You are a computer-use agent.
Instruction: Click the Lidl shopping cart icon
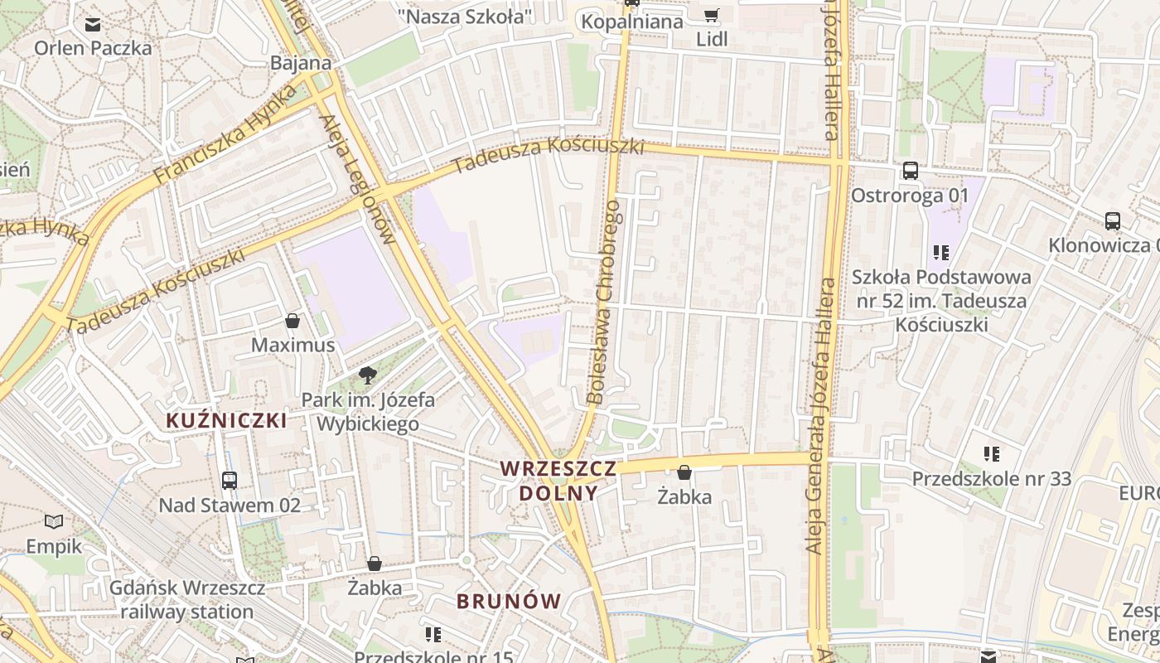pyautogui.click(x=711, y=16)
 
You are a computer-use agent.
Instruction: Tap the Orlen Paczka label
pyautogui.click(x=93, y=48)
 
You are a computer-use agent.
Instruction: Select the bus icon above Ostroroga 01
pyautogui.click(x=910, y=171)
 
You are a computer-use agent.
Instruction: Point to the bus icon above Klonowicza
pyautogui.click(x=1112, y=221)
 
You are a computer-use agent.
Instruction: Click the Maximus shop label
pyautogui.click(x=292, y=345)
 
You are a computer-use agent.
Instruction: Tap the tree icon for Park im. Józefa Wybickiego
pyautogui.click(x=367, y=375)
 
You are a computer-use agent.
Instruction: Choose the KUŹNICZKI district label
pyautogui.click(x=226, y=420)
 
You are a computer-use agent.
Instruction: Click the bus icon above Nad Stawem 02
pyautogui.click(x=230, y=480)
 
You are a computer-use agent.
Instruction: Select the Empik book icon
pyautogui.click(x=54, y=521)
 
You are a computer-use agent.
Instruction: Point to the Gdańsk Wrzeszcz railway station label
pyautogui.click(x=187, y=600)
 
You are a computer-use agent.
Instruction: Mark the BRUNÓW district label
pyautogui.click(x=509, y=602)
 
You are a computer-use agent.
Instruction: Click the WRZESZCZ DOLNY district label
pyautogui.click(x=558, y=481)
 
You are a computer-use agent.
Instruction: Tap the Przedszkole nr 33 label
pyautogui.click(x=991, y=478)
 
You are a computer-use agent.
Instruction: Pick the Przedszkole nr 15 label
pyautogui.click(x=433, y=657)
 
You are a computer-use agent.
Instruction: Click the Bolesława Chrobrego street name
pyautogui.click(x=603, y=302)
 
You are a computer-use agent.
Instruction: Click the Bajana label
pyautogui.click(x=301, y=63)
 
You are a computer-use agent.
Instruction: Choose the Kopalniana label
pyautogui.click(x=632, y=22)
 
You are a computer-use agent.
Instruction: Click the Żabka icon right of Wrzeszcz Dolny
pyautogui.click(x=684, y=473)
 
